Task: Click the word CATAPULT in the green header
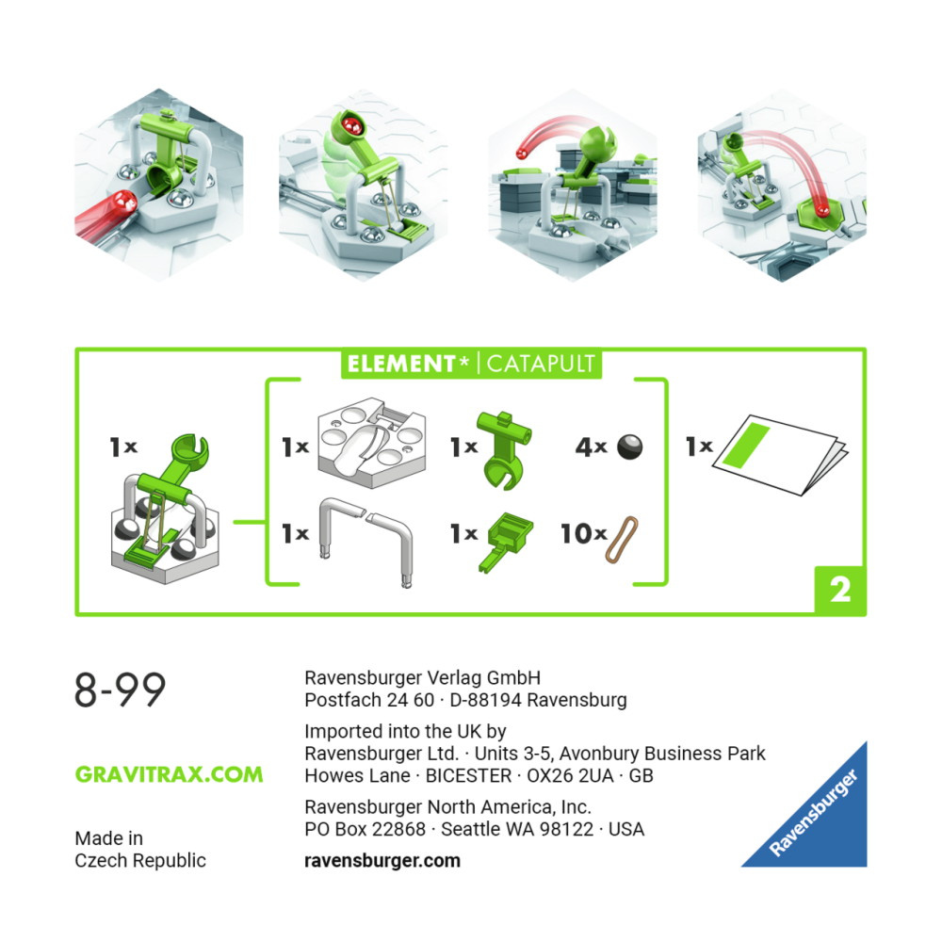pyautogui.click(x=540, y=364)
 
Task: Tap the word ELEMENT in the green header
pyautogui.click(x=401, y=364)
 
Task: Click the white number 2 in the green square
pyautogui.click(x=840, y=590)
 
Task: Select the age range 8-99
pyautogui.click(x=121, y=690)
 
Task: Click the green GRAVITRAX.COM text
pyautogui.click(x=169, y=774)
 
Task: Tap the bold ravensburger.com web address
pyautogui.click(x=382, y=860)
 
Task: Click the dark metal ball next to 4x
pyautogui.click(x=629, y=447)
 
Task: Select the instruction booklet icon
pyautogui.click(x=780, y=454)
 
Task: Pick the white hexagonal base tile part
pyautogui.click(x=371, y=442)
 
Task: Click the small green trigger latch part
pyautogui.click(x=506, y=541)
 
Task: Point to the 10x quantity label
pyautogui.click(x=583, y=533)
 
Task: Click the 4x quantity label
pyautogui.click(x=592, y=447)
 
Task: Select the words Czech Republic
pyautogui.click(x=140, y=860)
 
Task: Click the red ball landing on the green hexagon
pyautogui.click(x=821, y=210)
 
